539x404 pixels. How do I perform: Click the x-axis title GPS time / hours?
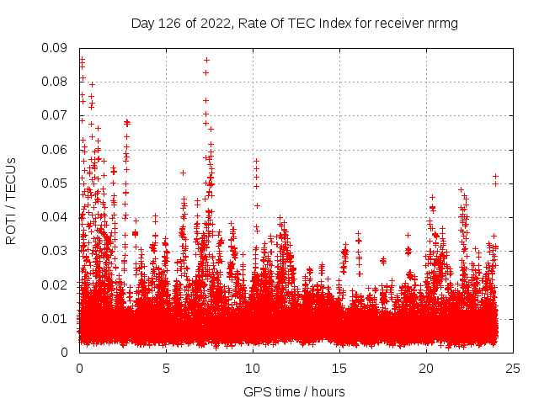[294, 391]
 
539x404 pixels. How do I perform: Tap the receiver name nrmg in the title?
[441, 23]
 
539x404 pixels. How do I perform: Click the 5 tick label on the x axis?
[166, 368]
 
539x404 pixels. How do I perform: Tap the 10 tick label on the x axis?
[253, 368]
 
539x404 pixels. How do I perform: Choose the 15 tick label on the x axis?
[339, 368]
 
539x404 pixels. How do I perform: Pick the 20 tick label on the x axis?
[426, 368]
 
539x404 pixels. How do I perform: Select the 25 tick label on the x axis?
[513, 368]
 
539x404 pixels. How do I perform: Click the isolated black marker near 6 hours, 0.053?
[183, 173]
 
